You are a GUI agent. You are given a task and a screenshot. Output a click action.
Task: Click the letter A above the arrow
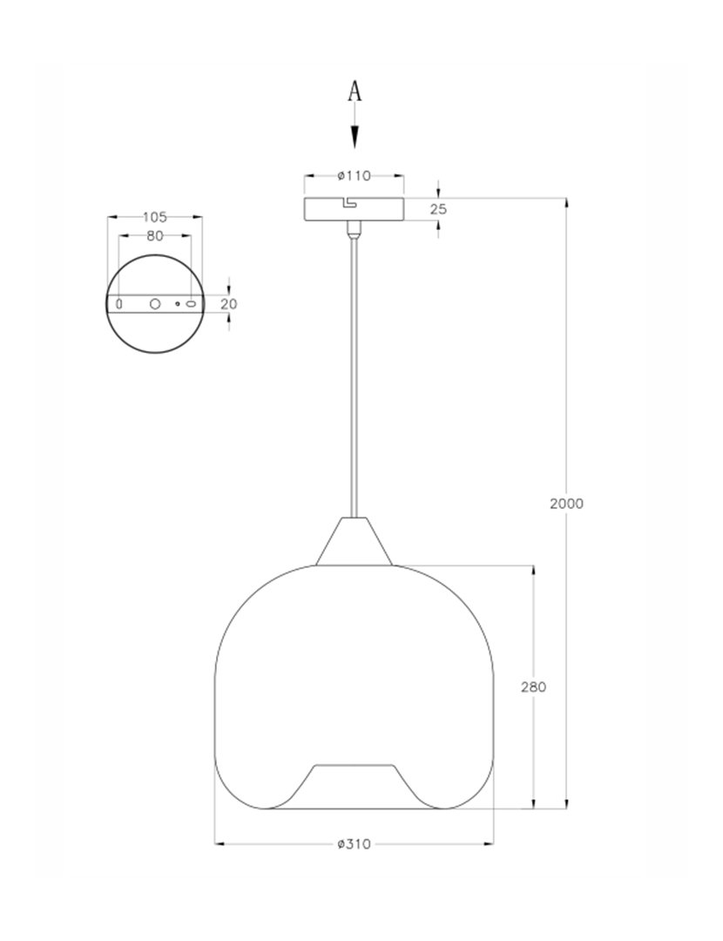(x=354, y=91)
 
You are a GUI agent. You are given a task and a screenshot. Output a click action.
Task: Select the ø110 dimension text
(x=354, y=175)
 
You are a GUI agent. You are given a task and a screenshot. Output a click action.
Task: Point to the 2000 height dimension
(x=566, y=503)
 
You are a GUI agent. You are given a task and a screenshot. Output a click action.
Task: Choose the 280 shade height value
(x=533, y=687)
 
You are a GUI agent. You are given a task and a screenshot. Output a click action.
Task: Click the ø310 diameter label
(x=354, y=843)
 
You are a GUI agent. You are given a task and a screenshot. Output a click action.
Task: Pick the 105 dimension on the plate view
(x=154, y=216)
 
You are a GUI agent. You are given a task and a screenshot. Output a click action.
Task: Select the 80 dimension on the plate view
(x=154, y=235)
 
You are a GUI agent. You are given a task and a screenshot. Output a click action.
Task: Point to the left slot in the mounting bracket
(x=120, y=304)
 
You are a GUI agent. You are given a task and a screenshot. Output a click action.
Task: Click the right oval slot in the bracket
(x=190, y=304)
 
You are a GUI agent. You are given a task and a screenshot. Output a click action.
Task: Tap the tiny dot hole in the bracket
(x=177, y=304)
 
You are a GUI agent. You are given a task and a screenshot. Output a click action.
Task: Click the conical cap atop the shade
(x=354, y=542)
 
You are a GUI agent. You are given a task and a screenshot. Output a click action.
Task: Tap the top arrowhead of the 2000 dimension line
(x=568, y=203)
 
